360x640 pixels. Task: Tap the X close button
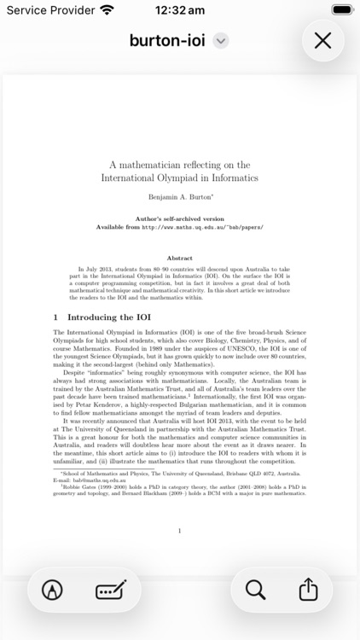point(322,40)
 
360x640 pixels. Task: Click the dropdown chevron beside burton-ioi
point(220,40)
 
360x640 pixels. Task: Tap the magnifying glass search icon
point(255,589)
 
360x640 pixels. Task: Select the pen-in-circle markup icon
point(52,590)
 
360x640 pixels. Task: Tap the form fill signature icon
point(111,590)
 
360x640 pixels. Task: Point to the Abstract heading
point(179,258)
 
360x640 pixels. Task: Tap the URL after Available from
point(202,228)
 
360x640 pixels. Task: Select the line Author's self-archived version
point(179,219)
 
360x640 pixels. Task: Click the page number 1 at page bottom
point(179,531)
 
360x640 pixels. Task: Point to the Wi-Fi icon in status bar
point(107,10)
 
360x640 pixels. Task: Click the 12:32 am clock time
point(179,10)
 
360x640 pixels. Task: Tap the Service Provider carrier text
point(48,10)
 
